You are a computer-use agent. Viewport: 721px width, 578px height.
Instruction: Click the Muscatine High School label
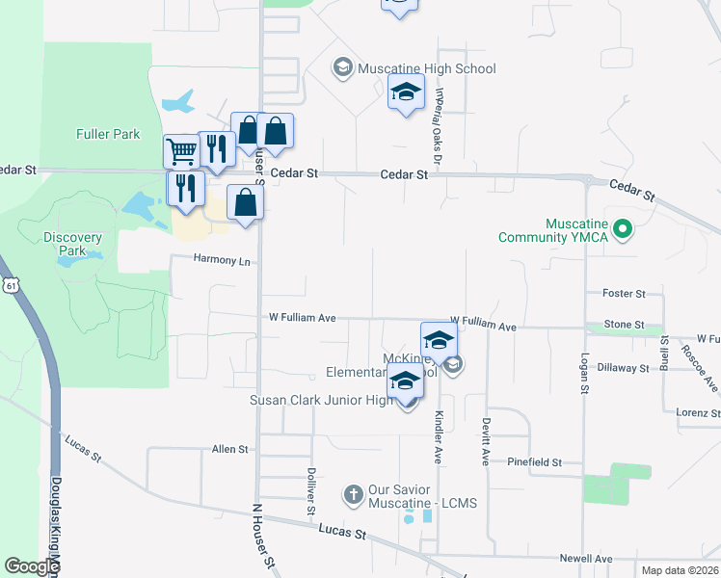(x=426, y=68)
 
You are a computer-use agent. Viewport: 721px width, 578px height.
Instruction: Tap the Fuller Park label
(x=108, y=135)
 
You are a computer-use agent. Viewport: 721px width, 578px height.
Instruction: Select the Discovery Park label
(x=72, y=244)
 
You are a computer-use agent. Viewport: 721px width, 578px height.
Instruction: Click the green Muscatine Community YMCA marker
(x=623, y=229)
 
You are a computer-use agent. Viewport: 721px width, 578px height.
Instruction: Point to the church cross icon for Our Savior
(x=353, y=495)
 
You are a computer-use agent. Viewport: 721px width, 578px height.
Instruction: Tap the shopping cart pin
(x=180, y=150)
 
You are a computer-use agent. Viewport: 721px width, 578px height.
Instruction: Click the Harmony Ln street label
(x=221, y=260)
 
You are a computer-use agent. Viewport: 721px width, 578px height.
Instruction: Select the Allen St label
(x=229, y=450)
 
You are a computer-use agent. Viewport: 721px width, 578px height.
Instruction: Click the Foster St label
(x=623, y=294)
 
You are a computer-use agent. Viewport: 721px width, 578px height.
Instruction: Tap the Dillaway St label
(x=623, y=368)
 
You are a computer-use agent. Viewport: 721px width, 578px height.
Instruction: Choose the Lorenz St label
(x=698, y=413)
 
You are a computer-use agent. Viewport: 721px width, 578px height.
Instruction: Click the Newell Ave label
(x=586, y=559)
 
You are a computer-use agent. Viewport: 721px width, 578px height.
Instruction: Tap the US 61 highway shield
(x=10, y=285)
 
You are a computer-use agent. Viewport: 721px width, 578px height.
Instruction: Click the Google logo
(x=31, y=566)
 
